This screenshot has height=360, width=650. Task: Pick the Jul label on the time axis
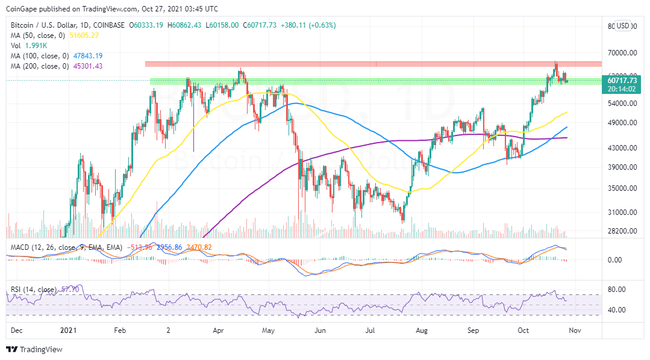click(x=370, y=331)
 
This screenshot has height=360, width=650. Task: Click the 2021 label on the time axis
click(x=69, y=331)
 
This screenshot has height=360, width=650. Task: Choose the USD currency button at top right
click(x=622, y=26)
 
